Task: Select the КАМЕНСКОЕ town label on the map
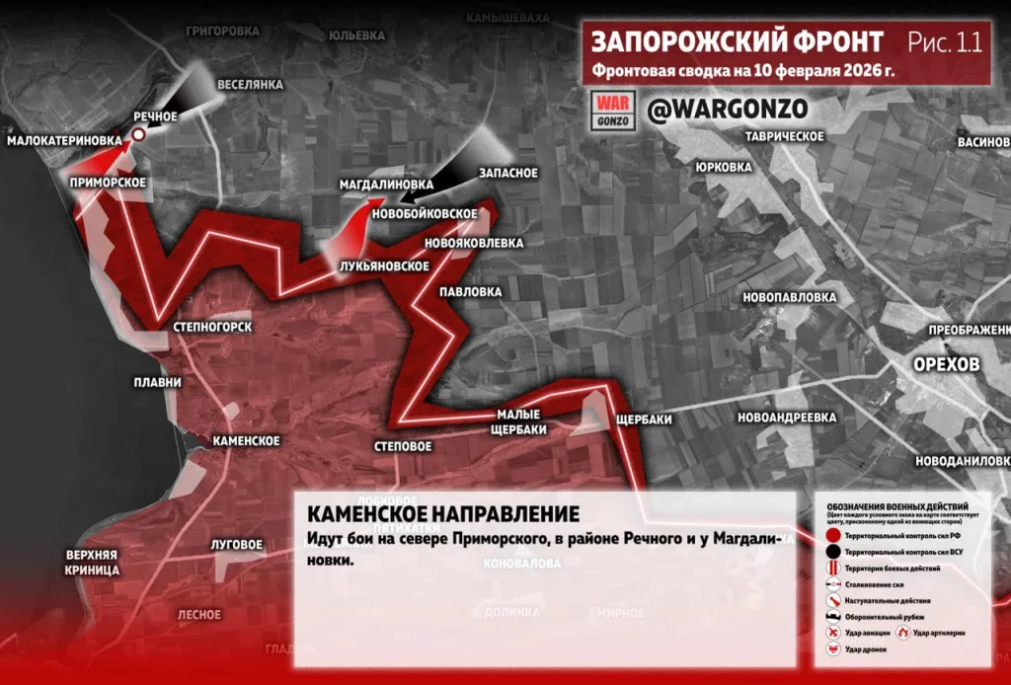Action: (x=246, y=441)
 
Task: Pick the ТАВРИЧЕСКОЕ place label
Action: (x=785, y=135)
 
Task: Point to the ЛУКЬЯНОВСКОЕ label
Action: (x=383, y=266)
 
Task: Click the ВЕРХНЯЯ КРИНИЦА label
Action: (x=93, y=562)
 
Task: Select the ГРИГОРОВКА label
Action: (x=222, y=32)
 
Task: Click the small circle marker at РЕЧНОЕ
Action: (x=140, y=135)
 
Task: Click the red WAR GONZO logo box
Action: (x=612, y=110)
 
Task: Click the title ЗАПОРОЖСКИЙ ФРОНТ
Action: (x=738, y=42)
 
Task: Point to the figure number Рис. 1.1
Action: (x=944, y=42)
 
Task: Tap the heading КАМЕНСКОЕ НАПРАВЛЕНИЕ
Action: (x=442, y=514)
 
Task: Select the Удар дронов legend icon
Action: (x=835, y=649)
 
